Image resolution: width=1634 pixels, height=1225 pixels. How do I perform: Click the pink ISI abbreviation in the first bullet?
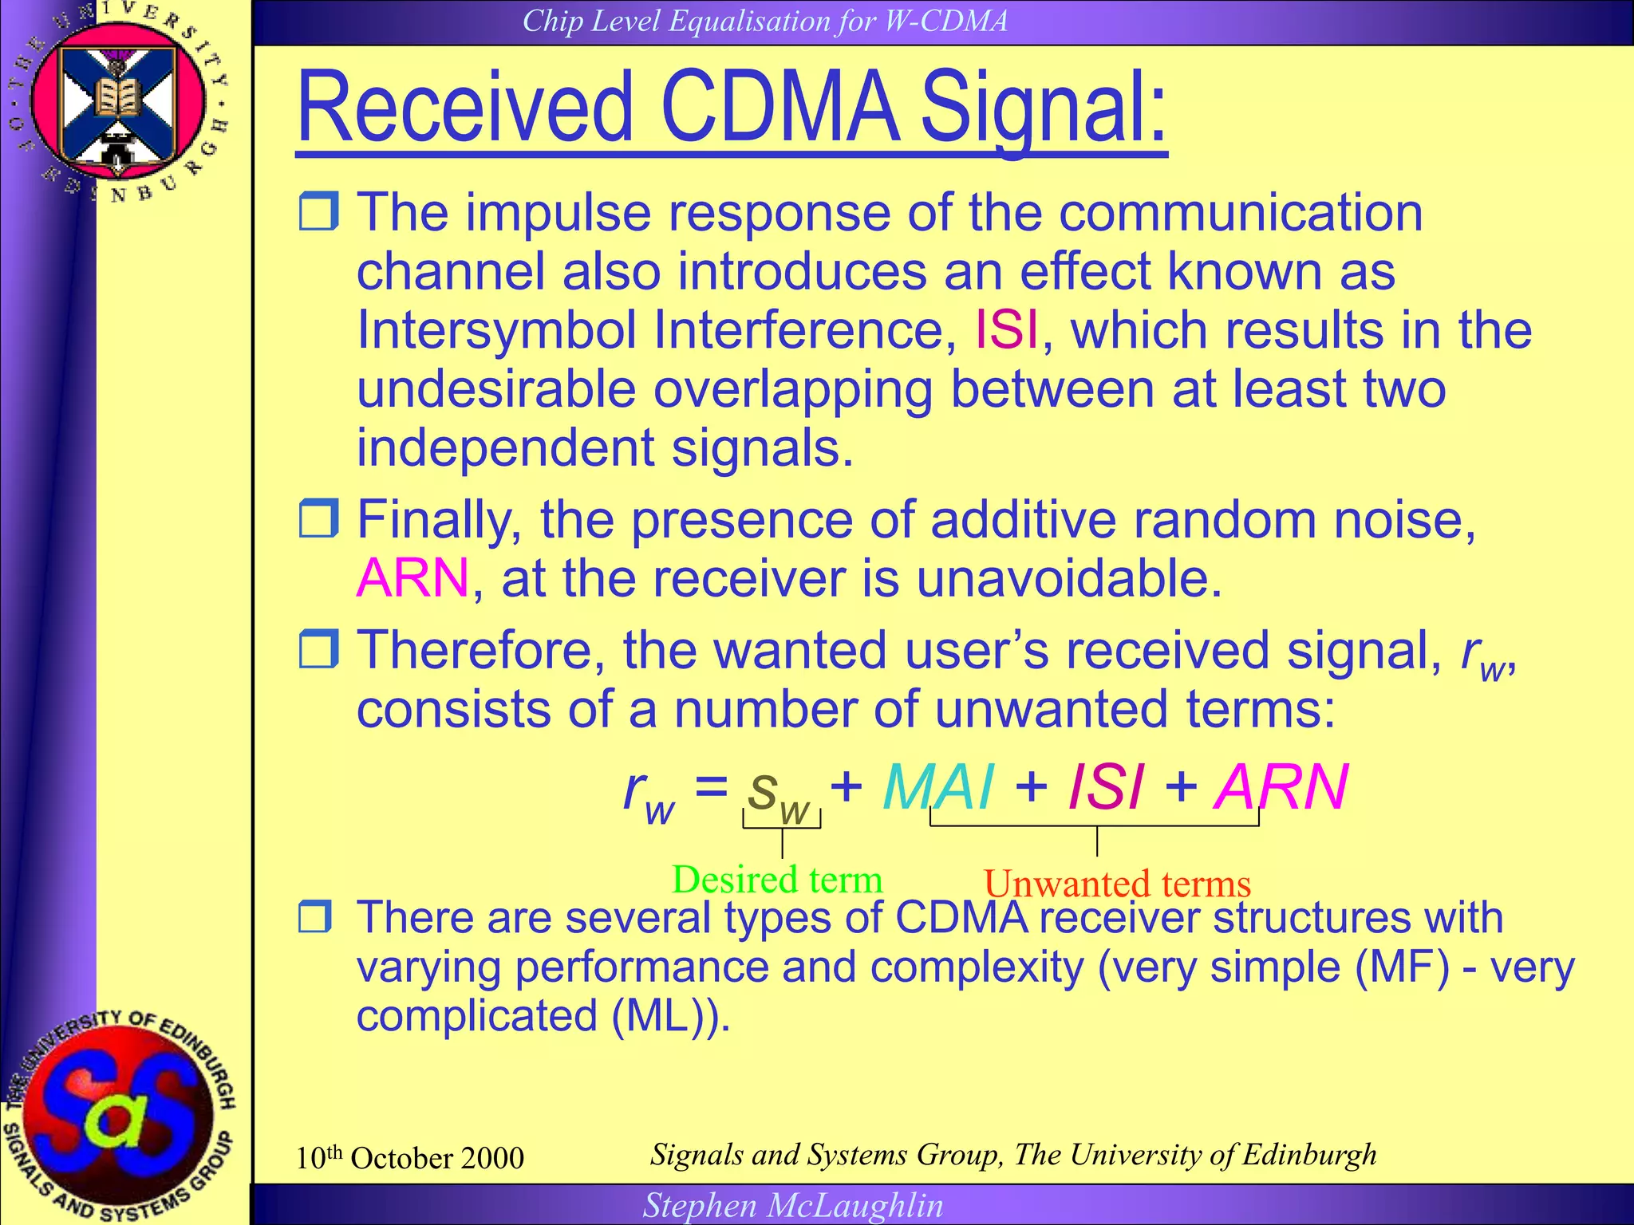(1007, 329)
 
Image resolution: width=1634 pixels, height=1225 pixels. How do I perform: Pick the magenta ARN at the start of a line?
(412, 577)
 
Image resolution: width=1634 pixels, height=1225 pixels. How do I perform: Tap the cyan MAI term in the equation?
(938, 787)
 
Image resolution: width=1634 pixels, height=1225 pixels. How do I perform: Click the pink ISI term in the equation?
(1106, 787)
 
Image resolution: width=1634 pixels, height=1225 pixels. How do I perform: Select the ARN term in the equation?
(1280, 787)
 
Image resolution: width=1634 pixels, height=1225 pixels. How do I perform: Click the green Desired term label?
(777, 880)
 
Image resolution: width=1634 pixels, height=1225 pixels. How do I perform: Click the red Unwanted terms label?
(1117, 884)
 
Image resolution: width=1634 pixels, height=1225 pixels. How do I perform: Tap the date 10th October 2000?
(409, 1157)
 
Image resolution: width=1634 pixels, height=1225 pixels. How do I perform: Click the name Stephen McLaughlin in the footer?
(793, 1205)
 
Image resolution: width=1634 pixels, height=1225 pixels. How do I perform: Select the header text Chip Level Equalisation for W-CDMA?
(764, 21)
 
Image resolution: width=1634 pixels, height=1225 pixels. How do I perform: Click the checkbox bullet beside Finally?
(318, 518)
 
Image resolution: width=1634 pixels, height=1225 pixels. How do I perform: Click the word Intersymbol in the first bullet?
(495, 329)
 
